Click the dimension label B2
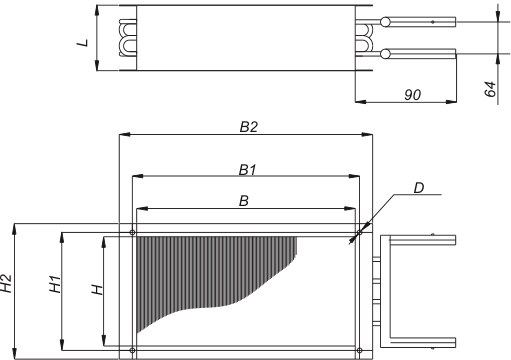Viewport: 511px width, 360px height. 249,127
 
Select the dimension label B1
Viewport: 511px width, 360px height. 247,170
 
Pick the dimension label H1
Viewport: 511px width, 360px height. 55,284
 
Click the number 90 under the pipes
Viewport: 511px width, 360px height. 412,95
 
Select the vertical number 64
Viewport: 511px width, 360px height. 490,89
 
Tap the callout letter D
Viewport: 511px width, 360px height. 419,188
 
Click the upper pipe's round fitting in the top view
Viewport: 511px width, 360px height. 385,22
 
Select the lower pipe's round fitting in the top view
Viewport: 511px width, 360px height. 385,53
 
